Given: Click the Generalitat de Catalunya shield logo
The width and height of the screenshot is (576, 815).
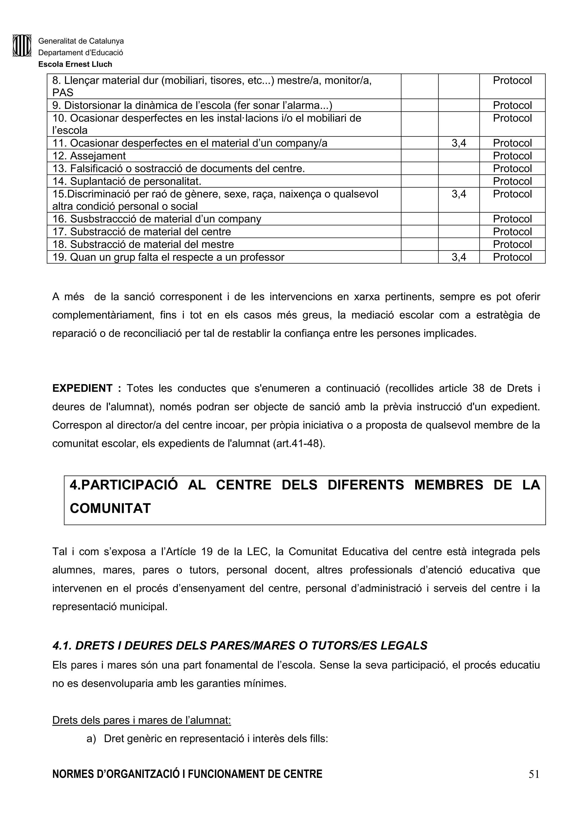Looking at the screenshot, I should tap(22, 46).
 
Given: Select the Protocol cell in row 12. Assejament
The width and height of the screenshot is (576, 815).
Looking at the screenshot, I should tap(512, 156).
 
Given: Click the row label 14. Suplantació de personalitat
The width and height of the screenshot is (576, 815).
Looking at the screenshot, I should tap(127, 181).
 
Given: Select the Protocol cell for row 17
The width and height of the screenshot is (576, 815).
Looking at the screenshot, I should tap(512, 232).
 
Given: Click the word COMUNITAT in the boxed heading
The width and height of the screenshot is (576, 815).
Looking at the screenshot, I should tap(110, 508).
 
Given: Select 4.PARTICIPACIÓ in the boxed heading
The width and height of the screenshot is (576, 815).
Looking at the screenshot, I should tap(123, 485).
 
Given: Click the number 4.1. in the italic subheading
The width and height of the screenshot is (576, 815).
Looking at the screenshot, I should tap(62, 646).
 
